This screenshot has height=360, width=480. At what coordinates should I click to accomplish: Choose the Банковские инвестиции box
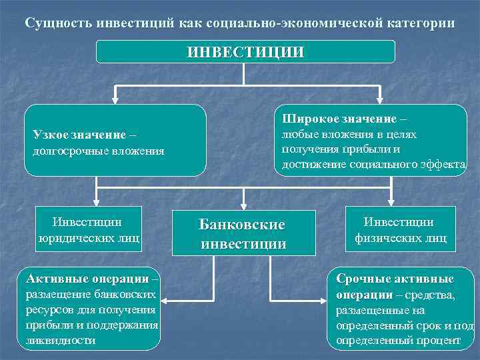click(x=243, y=234)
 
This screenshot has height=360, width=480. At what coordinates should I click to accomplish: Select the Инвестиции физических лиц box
click(x=399, y=229)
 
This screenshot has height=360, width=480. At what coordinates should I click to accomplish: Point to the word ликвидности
click(x=60, y=340)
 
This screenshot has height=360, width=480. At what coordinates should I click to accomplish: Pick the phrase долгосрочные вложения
click(x=98, y=151)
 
